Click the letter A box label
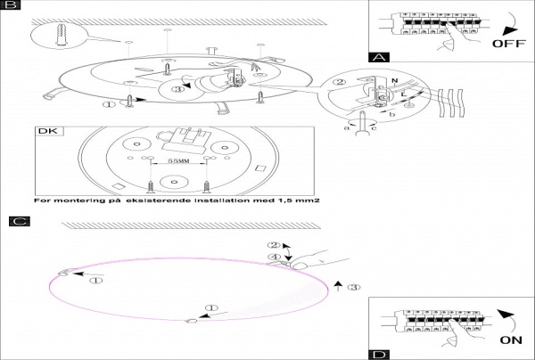pyautogui.click(x=380, y=56)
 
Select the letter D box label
pyautogui.click(x=380, y=354)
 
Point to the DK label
pyautogui.click(x=45, y=132)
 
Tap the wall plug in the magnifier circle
pyautogui.click(x=60, y=37)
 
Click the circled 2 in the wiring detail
pyautogui.click(x=339, y=84)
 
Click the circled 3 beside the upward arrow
pyautogui.click(x=354, y=288)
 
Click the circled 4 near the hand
pyautogui.click(x=275, y=258)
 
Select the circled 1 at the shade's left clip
pyautogui.click(x=96, y=279)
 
